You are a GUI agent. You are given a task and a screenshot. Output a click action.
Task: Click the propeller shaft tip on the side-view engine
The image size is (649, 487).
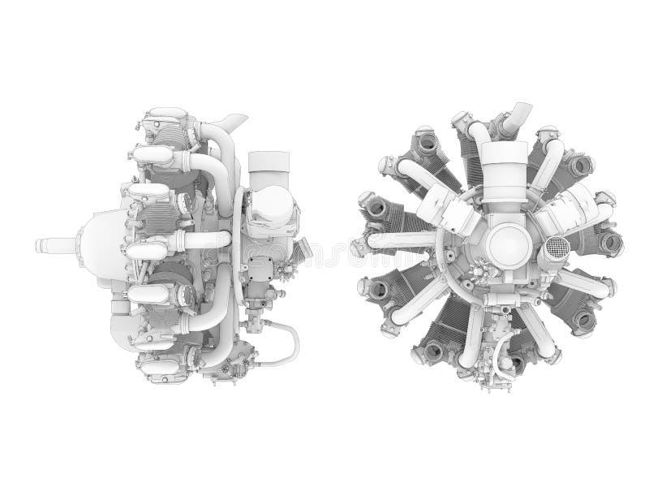(x=41, y=243)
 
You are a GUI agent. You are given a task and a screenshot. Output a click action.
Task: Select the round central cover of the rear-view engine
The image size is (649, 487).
(x=503, y=242)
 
